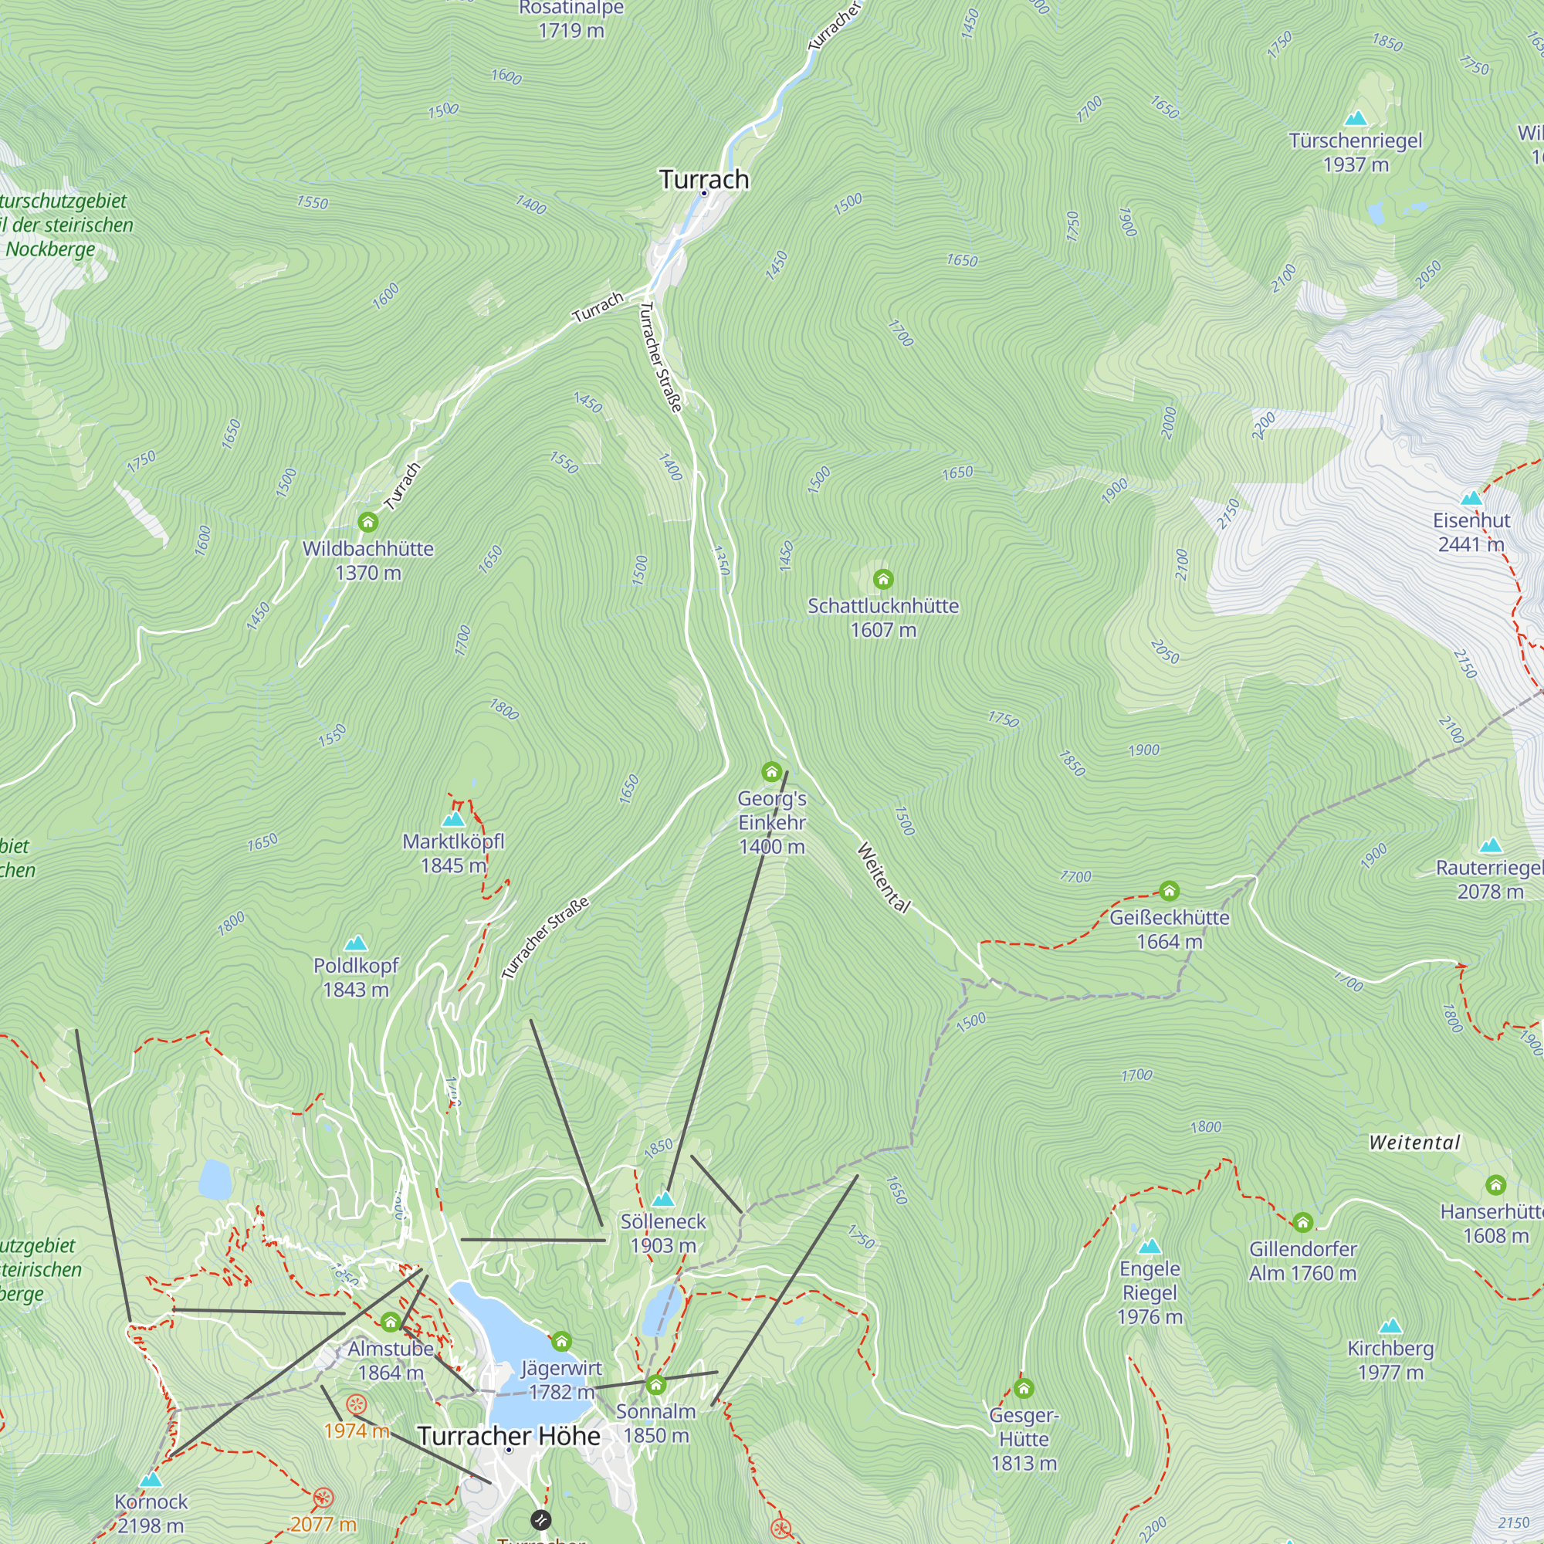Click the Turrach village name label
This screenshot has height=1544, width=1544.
pyautogui.click(x=704, y=179)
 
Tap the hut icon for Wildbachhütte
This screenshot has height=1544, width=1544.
pyautogui.click(x=367, y=523)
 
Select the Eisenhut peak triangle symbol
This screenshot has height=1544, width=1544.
pyautogui.click(x=1471, y=499)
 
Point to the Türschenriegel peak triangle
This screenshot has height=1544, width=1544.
pyautogui.click(x=1356, y=119)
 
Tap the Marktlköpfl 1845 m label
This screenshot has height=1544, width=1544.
pyautogui.click(x=453, y=853)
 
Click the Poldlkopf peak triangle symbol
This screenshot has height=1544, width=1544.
pyautogui.click(x=356, y=943)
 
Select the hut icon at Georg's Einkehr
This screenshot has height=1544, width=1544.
pyautogui.click(x=771, y=772)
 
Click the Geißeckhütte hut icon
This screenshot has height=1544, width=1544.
pyautogui.click(x=1169, y=890)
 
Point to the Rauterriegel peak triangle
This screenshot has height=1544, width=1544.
pyautogui.click(x=1491, y=845)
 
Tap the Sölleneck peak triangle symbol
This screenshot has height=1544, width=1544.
pyautogui.click(x=663, y=1199)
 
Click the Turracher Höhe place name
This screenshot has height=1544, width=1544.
pyautogui.click(x=508, y=1436)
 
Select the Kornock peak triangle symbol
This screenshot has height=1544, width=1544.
pyautogui.click(x=151, y=1479)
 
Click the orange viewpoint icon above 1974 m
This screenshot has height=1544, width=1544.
pyautogui.click(x=357, y=1404)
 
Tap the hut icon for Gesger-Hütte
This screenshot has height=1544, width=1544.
pyautogui.click(x=1024, y=1388)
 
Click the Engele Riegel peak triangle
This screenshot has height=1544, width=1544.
pyautogui.click(x=1150, y=1246)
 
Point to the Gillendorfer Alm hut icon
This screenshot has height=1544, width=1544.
pyautogui.click(x=1302, y=1222)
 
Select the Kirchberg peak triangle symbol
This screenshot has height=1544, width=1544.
pyautogui.click(x=1390, y=1326)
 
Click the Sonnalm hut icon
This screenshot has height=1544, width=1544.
pyautogui.click(x=656, y=1384)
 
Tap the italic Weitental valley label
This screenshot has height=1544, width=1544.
pyautogui.click(x=1414, y=1142)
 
